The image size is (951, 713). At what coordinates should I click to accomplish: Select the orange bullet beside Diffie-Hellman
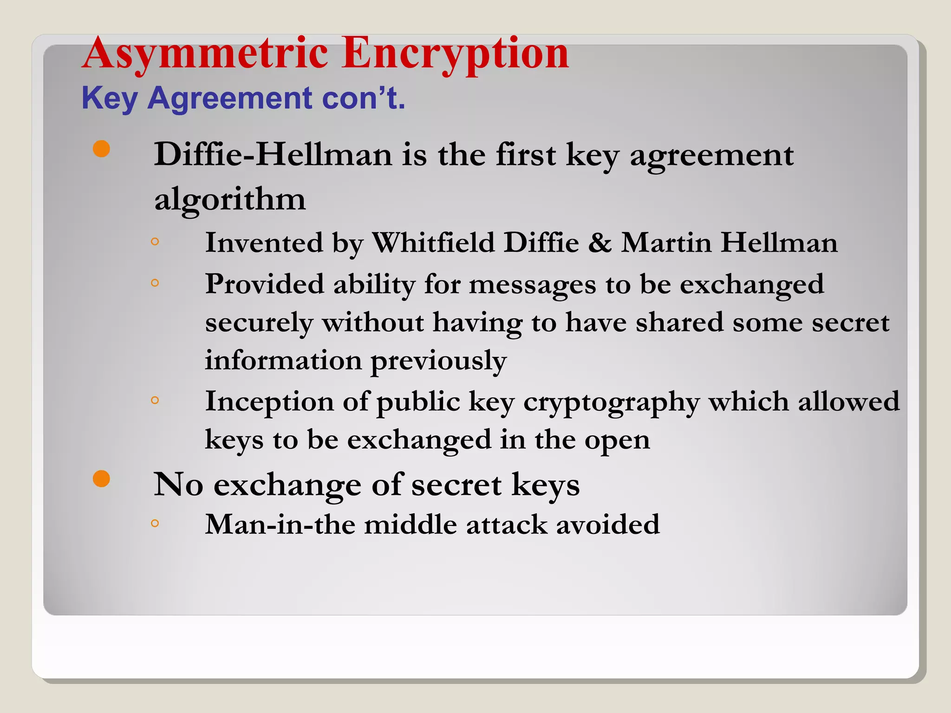point(101,149)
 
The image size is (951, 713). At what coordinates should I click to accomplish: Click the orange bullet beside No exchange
point(101,479)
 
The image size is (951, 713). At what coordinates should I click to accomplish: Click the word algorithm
point(230,200)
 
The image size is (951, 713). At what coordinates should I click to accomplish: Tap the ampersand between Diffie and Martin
point(599,243)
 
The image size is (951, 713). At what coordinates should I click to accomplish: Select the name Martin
point(666,243)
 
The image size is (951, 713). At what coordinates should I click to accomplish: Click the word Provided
point(264,284)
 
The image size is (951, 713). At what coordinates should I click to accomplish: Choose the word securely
point(259,323)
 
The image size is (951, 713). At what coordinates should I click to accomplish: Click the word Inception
point(269,402)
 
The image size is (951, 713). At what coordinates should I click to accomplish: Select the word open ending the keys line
point(617,440)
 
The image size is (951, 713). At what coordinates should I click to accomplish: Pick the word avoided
point(608,525)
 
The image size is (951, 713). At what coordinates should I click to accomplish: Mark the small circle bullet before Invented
point(155,241)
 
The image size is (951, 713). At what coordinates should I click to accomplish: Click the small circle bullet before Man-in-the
point(155,523)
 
